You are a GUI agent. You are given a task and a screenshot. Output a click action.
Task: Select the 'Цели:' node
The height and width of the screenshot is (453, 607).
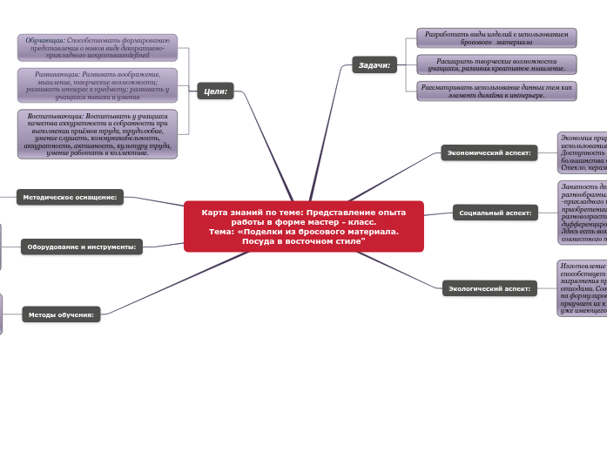point(215,91)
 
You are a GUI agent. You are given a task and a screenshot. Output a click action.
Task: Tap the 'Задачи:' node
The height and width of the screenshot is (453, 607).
point(374,64)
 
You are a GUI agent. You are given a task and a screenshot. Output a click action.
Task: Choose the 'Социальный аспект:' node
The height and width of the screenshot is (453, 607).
point(494,212)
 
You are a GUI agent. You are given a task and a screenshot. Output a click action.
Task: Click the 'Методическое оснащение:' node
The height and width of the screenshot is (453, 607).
point(70,197)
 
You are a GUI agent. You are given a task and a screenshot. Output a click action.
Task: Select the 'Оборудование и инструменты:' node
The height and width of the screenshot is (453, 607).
point(82,247)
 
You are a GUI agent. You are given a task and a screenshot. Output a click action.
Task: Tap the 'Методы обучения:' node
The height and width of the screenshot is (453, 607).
point(61,314)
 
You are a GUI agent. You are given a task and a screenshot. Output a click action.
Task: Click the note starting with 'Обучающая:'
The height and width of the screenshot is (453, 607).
point(97,47)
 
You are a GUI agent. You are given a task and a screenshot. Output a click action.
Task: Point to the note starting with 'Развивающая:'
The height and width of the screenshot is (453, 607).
point(97,85)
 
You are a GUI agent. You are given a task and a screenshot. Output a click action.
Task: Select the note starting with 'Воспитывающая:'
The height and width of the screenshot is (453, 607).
point(97,133)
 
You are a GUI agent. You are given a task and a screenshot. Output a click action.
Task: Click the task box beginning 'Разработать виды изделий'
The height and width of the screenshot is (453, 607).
point(496,37)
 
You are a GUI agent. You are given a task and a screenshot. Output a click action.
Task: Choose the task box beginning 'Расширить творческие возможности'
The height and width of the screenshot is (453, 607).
point(496,64)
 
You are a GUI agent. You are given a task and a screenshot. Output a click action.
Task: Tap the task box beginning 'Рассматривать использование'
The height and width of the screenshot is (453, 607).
point(496,91)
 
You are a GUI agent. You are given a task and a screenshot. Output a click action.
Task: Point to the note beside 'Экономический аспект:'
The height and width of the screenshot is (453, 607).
point(582,152)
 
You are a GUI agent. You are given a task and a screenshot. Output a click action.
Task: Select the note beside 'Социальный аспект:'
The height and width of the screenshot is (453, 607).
point(582,212)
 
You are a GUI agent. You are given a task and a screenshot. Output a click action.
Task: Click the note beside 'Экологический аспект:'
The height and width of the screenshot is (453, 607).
point(582,287)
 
